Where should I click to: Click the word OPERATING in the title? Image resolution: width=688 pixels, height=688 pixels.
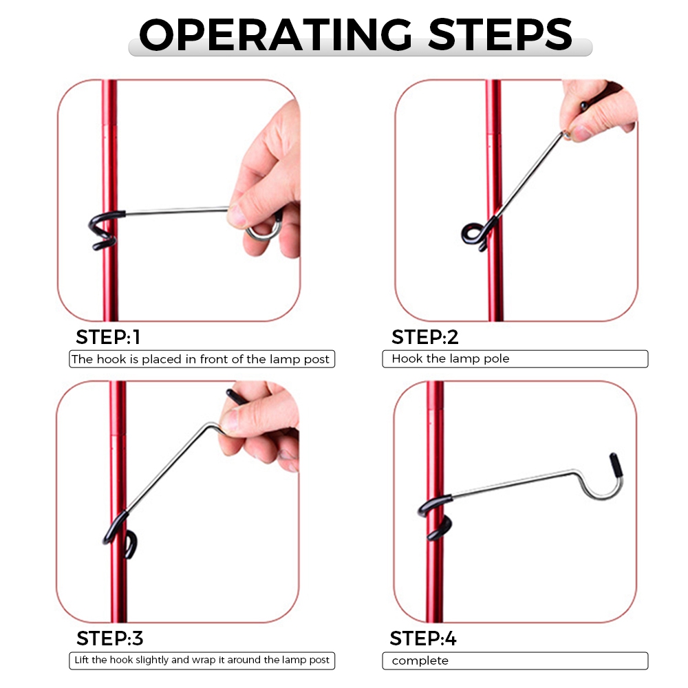[x=275, y=34]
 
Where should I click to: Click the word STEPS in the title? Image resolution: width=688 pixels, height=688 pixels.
[x=500, y=34]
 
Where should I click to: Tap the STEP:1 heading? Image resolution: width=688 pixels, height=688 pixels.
[x=108, y=337]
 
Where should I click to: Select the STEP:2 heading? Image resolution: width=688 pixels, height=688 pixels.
[x=424, y=337]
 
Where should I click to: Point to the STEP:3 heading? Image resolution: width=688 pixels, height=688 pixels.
[x=109, y=638]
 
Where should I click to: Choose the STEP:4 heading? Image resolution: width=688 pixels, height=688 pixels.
[x=423, y=638]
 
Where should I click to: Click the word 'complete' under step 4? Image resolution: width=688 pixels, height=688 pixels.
[x=420, y=660]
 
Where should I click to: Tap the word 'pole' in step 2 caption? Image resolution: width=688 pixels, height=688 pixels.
[x=496, y=359]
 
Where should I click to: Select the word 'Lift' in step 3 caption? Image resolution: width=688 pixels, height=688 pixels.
[x=82, y=660]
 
